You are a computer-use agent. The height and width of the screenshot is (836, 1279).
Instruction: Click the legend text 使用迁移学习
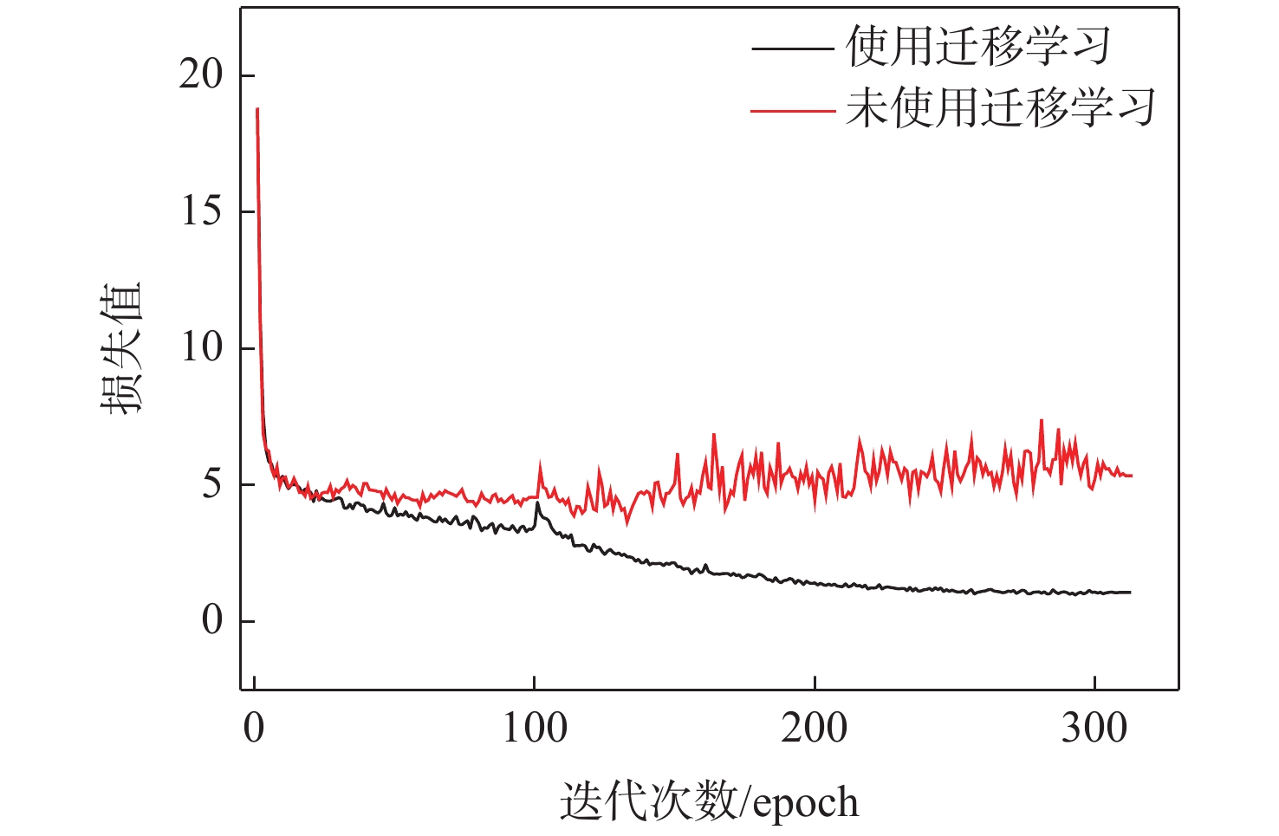[978, 47]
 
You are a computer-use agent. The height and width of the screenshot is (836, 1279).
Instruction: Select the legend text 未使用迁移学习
[1001, 109]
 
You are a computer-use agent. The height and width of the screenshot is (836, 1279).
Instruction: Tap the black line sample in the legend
[792, 48]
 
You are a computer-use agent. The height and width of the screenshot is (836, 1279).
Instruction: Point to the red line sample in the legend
[792, 110]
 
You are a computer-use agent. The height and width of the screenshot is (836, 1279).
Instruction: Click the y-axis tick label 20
[201, 75]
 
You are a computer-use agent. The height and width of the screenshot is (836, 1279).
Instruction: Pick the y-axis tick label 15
[201, 211]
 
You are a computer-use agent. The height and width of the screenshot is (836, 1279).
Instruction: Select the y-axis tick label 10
[201, 348]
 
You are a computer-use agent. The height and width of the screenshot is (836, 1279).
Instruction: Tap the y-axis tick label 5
[212, 484]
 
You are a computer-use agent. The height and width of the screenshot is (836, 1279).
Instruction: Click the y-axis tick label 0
[212, 620]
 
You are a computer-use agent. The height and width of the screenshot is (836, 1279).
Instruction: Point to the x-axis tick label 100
[535, 729]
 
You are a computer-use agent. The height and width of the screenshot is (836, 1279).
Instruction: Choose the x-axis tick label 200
[815, 729]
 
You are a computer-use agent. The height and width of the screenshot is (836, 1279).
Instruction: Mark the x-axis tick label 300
[1094, 729]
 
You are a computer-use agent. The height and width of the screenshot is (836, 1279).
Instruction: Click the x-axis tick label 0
[254, 729]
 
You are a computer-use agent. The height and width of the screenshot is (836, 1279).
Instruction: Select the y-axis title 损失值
[120, 348]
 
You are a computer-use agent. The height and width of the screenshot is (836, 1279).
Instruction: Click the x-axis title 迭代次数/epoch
[709, 801]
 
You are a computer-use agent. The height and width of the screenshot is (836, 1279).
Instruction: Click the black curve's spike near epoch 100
[537, 503]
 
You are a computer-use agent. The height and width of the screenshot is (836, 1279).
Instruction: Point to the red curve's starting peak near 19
[257, 109]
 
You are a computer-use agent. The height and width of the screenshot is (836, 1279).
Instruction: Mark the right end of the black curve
[1130, 593]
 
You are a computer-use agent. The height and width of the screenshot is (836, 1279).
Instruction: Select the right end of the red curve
[1131, 476]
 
